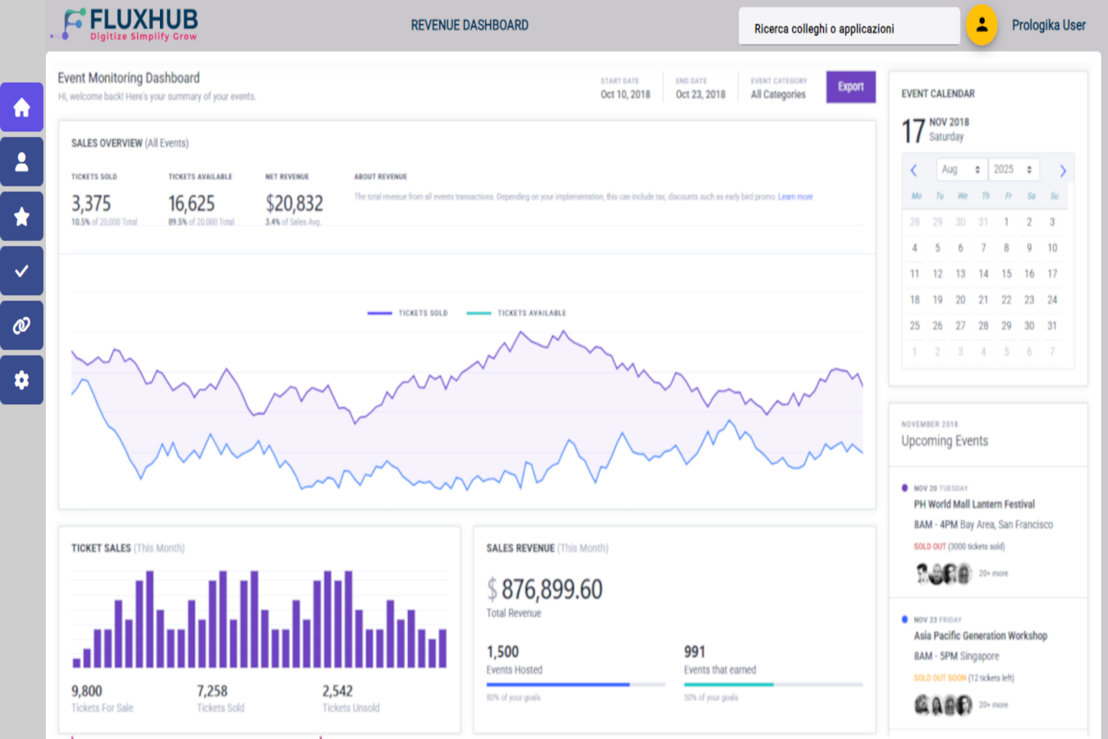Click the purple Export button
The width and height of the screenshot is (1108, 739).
pyautogui.click(x=850, y=87)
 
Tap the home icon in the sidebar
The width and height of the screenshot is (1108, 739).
pyautogui.click(x=22, y=108)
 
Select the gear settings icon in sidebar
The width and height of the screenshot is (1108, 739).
pyautogui.click(x=22, y=380)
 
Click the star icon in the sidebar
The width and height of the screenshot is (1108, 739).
pyautogui.click(x=22, y=217)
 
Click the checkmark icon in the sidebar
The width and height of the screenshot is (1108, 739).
pyautogui.click(x=22, y=271)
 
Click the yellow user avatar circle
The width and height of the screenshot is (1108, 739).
pyautogui.click(x=982, y=25)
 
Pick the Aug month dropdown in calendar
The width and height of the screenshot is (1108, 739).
pyautogui.click(x=960, y=169)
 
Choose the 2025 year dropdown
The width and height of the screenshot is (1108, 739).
pyautogui.click(x=1013, y=169)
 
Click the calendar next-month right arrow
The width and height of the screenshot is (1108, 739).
pyautogui.click(x=1062, y=171)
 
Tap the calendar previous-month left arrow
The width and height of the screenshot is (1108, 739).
pyautogui.click(x=913, y=171)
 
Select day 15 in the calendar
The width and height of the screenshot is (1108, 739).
pyautogui.click(x=1006, y=273)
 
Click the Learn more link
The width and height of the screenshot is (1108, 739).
pyautogui.click(x=794, y=197)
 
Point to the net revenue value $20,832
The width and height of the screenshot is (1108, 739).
pyautogui.click(x=294, y=204)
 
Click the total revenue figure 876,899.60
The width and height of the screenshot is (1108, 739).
pyautogui.click(x=551, y=590)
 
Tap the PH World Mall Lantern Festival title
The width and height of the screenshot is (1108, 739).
pyautogui.click(x=974, y=504)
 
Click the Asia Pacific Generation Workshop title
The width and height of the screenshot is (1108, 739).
pyautogui.click(x=980, y=636)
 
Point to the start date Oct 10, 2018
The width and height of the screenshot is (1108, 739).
pyautogui.click(x=625, y=94)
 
